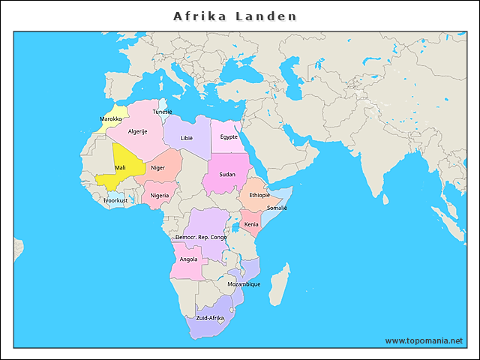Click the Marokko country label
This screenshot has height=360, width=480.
(x=111, y=119)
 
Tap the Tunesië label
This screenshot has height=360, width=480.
(x=162, y=112)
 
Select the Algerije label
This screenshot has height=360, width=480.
(x=137, y=131)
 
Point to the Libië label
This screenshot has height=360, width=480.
(x=186, y=138)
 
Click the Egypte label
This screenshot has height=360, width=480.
(x=229, y=136)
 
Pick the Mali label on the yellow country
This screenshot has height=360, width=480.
(x=119, y=168)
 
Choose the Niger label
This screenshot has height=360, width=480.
(x=157, y=168)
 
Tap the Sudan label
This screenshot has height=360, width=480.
(x=227, y=174)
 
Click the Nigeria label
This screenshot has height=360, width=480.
(x=159, y=196)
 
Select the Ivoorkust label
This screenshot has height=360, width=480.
(x=115, y=200)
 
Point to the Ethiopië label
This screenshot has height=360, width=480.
(x=254, y=195)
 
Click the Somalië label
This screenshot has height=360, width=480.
(x=277, y=208)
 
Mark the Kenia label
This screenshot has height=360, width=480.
(x=251, y=224)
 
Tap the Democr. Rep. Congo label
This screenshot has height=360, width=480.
(x=200, y=237)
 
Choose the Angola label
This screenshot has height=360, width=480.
(x=188, y=259)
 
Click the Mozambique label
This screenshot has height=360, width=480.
(x=244, y=284)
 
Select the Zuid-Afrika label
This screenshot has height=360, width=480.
(x=210, y=318)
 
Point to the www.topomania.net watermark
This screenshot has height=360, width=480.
(x=424, y=340)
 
